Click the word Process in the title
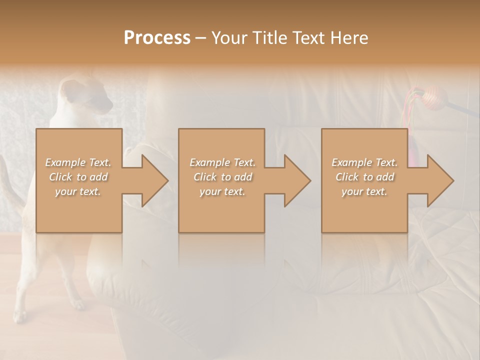157,38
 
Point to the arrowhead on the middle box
296,180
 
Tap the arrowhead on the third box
439,180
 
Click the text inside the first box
78,177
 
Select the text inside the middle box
222,177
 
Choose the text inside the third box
364,177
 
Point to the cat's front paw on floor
77,303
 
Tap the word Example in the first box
65,162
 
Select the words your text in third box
364,191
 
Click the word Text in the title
310,38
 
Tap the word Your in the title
228,38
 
